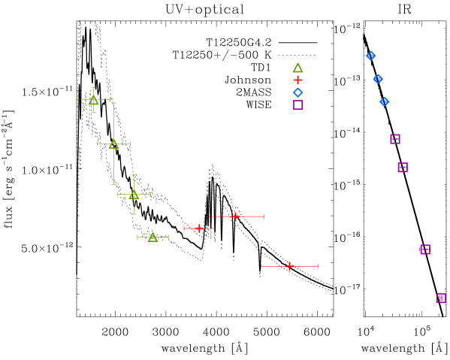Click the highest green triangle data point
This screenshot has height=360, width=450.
[93, 99]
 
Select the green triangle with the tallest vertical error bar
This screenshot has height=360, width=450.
[113, 144]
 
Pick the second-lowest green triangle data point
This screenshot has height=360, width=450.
[134, 194]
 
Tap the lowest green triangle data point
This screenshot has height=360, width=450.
[153, 237]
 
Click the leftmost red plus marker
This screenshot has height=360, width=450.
[199, 228]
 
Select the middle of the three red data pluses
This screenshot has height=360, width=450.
[235, 216]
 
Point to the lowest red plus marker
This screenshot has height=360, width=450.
[289, 266]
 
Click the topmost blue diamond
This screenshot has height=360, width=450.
[370, 56]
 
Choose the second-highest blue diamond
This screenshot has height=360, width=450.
[378, 79]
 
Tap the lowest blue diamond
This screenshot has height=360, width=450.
[385, 101]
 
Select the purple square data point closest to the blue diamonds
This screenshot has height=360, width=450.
[395, 139]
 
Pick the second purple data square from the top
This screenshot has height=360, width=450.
[403, 168]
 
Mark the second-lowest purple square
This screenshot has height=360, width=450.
[425, 250]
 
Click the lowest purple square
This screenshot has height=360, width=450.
[441, 298]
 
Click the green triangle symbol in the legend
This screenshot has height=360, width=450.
[297, 68]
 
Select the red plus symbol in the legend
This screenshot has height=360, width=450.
[297, 80]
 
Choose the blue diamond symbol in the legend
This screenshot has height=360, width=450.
[297, 92]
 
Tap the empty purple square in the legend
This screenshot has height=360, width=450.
[297, 105]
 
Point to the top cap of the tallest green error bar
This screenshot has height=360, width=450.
[113, 103]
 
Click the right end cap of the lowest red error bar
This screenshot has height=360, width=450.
[318, 266]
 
